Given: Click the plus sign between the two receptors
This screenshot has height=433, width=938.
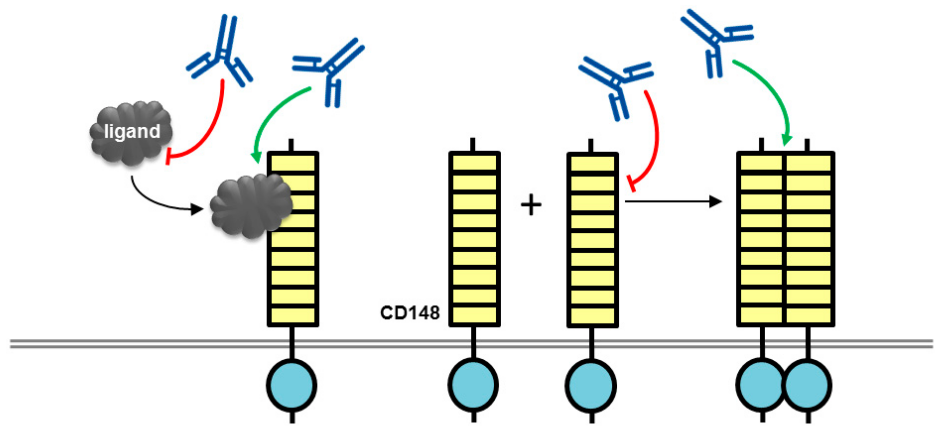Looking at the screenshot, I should point(531,205).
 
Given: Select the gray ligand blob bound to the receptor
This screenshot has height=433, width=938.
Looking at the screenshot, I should point(251,206).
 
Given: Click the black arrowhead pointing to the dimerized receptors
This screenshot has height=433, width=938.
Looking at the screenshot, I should point(715,201).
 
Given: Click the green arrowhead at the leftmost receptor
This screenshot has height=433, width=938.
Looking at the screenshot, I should point(256,157).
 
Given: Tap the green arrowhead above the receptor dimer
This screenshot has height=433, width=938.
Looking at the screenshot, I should point(786,140).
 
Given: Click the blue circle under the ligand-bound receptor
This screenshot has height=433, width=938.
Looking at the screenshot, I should point(292,385).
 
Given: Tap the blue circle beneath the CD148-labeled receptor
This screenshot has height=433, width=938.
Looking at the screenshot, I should point(473,385).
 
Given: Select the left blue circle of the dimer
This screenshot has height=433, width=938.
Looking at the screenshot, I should point(760,385).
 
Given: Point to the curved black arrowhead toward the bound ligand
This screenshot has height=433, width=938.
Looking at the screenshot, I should point(197,209).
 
